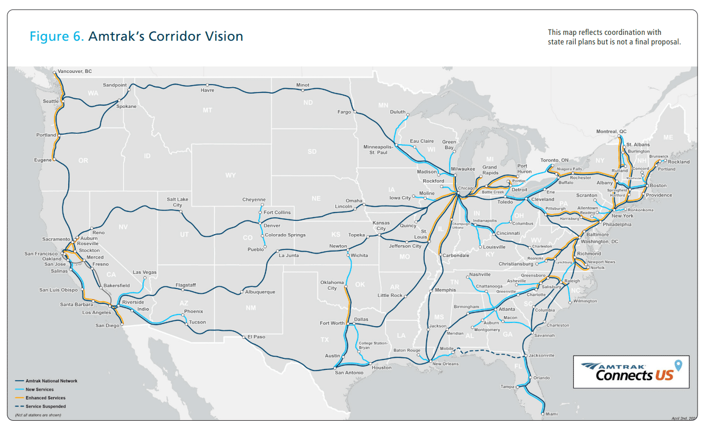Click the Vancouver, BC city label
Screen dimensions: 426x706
(x=75, y=71)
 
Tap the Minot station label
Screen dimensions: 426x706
(x=302, y=85)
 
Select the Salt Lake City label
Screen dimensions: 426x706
(x=177, y=202)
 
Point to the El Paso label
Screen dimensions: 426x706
(x=256, y=337)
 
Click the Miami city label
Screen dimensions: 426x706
(x=551, y=413)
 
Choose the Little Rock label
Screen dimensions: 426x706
(x=390, y=295)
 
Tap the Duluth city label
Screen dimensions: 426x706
(x=398, y=112)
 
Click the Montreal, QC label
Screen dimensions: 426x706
(x=611, y=132)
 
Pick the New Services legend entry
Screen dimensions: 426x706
(x=40, y=390)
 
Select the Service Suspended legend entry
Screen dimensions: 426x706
(x=45, y=406)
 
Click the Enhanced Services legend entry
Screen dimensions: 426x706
(x=45, y=398)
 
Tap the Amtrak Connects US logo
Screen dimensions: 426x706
(x=631, y=372)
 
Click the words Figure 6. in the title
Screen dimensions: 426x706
(x=57, y=36)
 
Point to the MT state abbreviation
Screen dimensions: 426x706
(x=207, y=110)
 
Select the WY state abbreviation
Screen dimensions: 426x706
(x=230, y=175)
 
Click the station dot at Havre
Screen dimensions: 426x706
(x=207, y=85)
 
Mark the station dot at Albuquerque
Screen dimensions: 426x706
(x=241, y=292)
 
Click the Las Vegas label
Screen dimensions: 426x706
(x=144, y=273)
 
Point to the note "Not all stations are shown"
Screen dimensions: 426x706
(x=38, y=415)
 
